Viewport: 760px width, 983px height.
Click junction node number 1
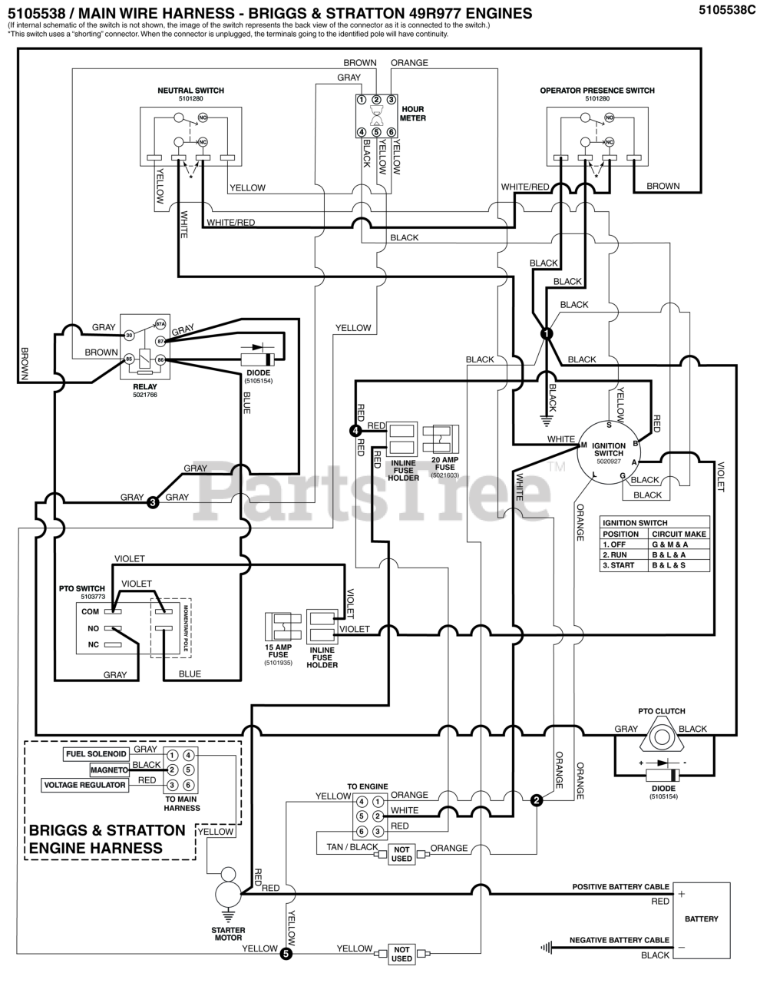[546, 333]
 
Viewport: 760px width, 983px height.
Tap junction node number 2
[537, 800]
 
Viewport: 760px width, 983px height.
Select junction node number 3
[153, 502]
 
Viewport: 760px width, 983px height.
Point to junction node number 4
[355, 432]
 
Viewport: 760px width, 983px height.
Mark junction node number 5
[286, 955]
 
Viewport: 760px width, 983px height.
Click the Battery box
[701, 918]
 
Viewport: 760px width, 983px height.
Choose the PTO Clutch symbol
[660, 736]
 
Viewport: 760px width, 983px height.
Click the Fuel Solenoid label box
[97, 754]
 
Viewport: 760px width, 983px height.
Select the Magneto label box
[109, 770]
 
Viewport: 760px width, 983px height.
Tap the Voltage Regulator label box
[85, 785]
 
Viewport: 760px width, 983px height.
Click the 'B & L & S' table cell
[679, 565]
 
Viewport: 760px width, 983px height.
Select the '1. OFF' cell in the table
[623, 544]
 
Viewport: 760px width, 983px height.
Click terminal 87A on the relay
[160, 325]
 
